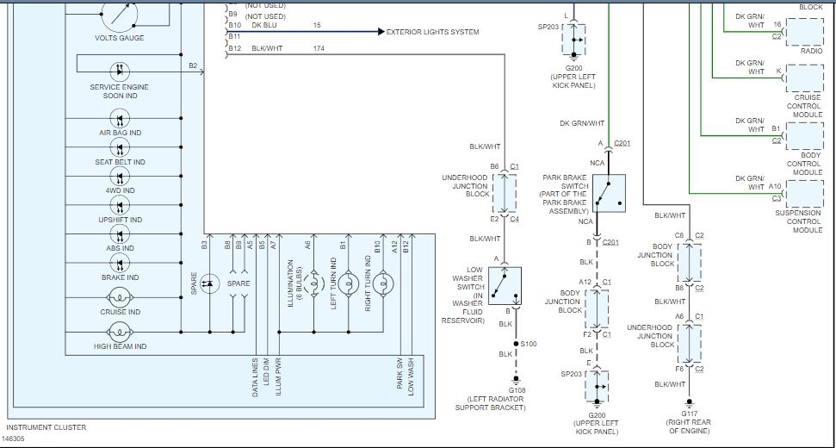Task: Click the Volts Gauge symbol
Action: [x=120, y=11]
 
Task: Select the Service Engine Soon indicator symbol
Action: [x=119, y=72]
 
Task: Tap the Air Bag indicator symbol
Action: [x=119, y=119]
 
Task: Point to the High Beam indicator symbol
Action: [x=119, y=333]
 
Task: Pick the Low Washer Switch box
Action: [x=502, y=285]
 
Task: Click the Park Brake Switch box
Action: [x=609, y=193]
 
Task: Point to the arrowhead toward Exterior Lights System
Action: [x=381, y=32]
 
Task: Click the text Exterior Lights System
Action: [x=433, y=32]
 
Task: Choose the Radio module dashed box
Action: [x=804, y=31]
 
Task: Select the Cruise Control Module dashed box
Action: [x=804, y=80]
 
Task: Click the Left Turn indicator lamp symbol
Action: [x=349, y=282]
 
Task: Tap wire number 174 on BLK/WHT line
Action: [x=319, y=49]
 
